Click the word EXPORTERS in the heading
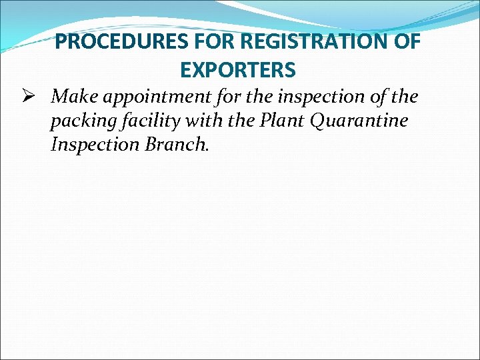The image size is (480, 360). [238, 69]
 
